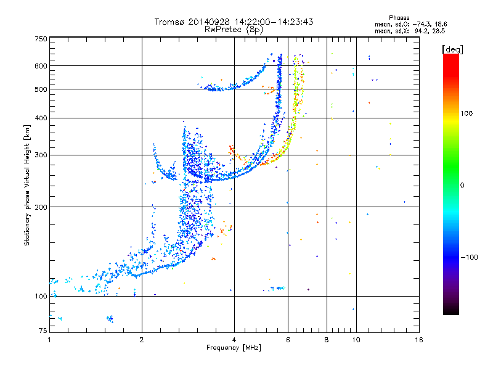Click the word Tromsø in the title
point(169,22)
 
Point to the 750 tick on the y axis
point(41,38)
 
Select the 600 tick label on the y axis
point(41,66)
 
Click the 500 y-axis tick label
point(41,89)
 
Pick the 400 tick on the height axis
point(41,118)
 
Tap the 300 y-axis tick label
point(41,155)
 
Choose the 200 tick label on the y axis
point(41,207)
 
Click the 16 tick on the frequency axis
point(418,340)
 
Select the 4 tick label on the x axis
point(234,340)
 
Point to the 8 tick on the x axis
point(327,340)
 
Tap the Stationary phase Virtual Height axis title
point(27,186)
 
